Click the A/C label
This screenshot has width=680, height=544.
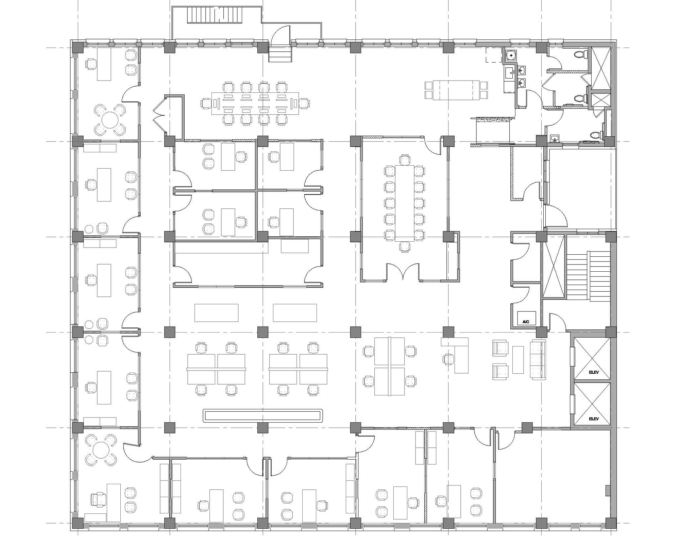tap(526, 321)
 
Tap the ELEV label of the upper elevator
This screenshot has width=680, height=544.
tap(594, 372)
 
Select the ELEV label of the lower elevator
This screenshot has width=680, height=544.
tap(594, 419)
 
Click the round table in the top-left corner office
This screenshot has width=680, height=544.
tap(110, 120)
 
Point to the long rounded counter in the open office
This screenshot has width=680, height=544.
tap(263, 415)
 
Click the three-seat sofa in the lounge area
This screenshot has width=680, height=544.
tap(538, 359)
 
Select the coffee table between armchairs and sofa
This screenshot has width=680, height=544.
tap(518, 359)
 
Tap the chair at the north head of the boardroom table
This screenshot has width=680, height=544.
tap(405, 159)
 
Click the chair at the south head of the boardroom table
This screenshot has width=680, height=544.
tap(405, 247)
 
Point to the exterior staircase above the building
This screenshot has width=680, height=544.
tap(215, 15)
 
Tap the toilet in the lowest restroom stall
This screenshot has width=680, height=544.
tap(597, 135)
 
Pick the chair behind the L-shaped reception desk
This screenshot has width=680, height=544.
tap(448, 359)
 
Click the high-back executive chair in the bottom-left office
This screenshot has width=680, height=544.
tap(98, 500)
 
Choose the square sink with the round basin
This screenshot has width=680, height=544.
tap(511, 55)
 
